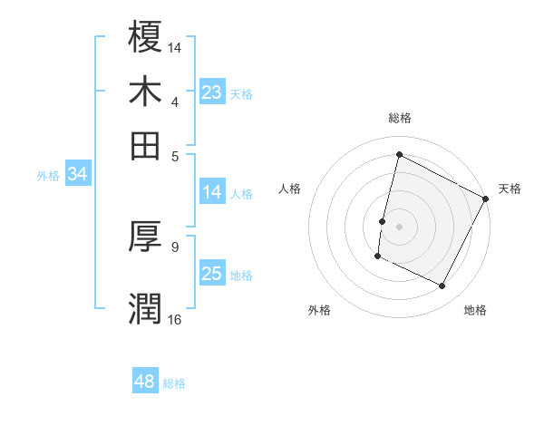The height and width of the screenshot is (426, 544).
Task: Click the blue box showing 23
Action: [x=211, y=92]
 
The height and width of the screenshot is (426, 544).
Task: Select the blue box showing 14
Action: [x=211, y=192]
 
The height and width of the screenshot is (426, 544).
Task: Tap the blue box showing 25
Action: [x=211, y=274]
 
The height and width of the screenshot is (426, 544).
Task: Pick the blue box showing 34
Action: [x=77, y=175]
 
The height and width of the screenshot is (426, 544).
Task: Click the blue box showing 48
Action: [x=144, y=382]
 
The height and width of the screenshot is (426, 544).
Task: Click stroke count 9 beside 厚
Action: [x=175, y=246]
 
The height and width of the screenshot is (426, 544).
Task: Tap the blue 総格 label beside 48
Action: [x=174, y=383]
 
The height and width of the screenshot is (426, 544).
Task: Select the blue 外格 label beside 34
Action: [x=47, y=176]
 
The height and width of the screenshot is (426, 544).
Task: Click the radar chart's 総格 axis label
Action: [x=399, y=118]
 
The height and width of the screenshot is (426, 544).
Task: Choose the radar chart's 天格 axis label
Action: [x=510, y=189]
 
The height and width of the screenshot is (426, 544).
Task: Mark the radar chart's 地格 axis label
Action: [x=475, y=310]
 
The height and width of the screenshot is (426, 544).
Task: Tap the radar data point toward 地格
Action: [x=442, y=286]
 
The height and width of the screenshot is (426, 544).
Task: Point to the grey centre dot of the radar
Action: [x=399, y=226]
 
